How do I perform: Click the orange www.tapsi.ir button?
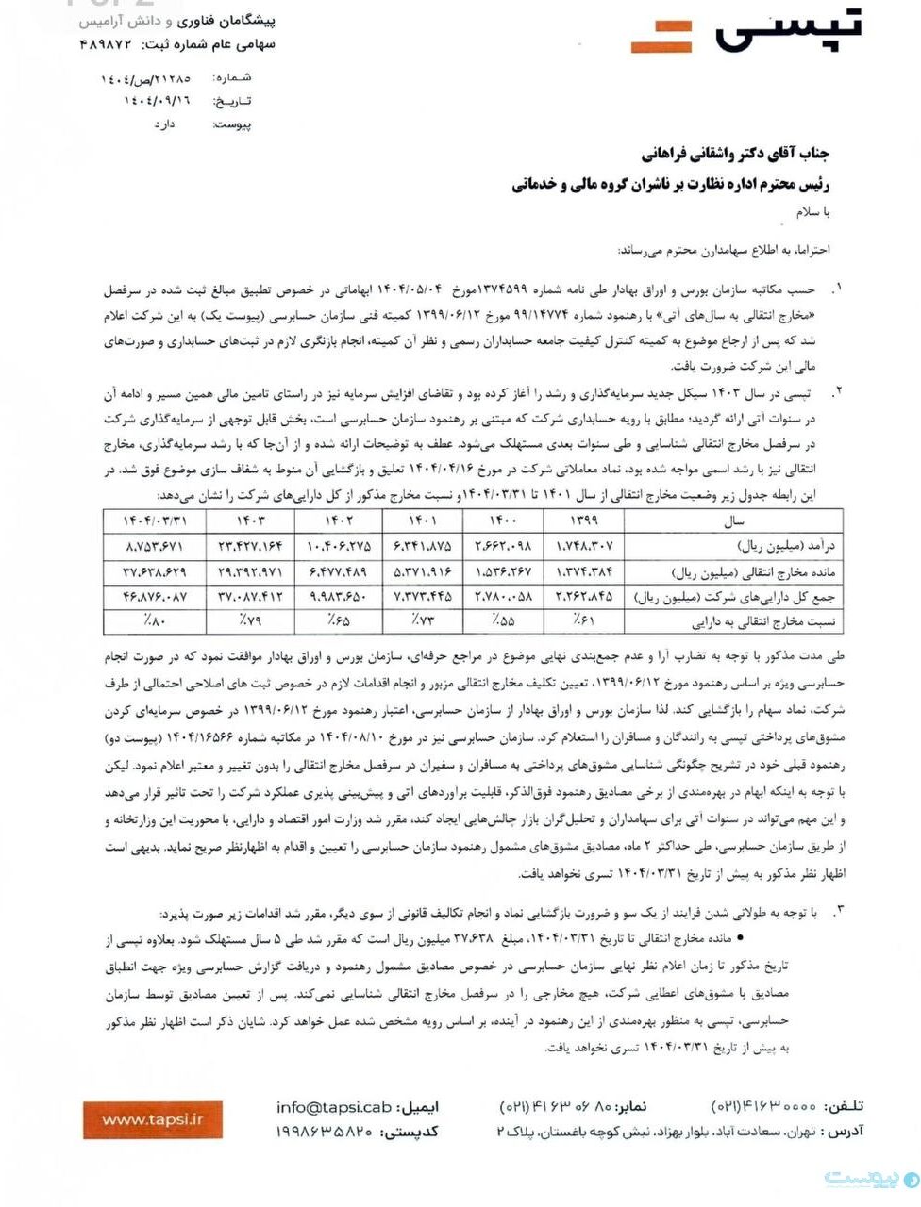coord(153,1119)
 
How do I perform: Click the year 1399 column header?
coord(584,520)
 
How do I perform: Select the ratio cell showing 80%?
coord(150,620)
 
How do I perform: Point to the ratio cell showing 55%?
coord(501,620)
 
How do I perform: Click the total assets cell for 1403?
coord(250,596)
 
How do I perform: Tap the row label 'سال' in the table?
coord(733,521)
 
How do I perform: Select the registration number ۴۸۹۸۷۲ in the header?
coord(114,44)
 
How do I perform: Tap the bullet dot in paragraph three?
coord(739,940)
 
